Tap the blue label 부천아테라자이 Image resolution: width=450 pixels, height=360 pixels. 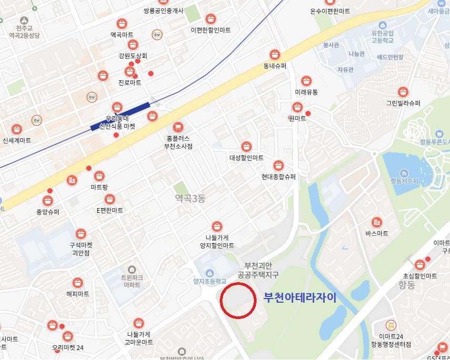299,297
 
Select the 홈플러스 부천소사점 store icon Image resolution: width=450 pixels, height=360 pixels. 178,127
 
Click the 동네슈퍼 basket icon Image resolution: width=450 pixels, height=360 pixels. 274,54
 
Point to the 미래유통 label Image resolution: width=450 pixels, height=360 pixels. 306,92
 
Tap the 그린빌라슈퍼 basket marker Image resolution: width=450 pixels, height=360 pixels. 403,92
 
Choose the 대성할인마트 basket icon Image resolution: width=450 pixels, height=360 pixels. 246,147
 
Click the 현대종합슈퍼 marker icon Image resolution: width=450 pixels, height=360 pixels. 279,165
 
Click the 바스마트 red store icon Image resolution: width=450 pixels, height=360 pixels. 376,222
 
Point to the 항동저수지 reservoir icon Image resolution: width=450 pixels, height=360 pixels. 404,172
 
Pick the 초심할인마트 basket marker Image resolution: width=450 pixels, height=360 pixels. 420,265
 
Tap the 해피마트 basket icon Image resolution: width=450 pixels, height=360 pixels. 78,283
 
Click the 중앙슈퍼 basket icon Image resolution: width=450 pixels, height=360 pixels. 47,201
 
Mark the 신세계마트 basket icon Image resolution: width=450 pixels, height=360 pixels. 17,129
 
